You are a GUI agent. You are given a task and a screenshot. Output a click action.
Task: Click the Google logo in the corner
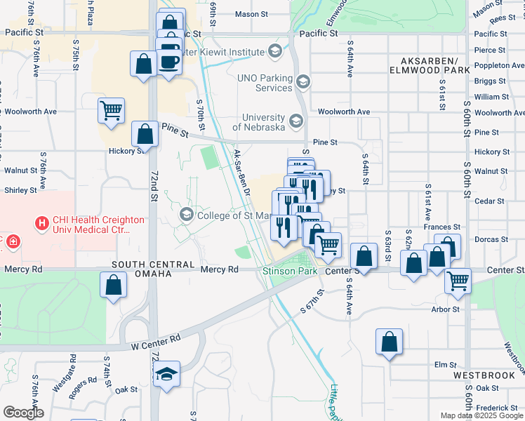coord(23,413)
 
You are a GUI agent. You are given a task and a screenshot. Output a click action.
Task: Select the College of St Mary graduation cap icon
coord(187,214)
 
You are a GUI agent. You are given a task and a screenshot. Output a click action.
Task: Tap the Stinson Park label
coord(290,270)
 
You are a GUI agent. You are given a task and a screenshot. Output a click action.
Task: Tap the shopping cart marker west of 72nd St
coord(112,110)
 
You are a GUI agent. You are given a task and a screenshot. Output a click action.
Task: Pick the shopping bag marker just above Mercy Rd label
coord(113,285)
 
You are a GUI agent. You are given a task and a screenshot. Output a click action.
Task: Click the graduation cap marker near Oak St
coord(168,373)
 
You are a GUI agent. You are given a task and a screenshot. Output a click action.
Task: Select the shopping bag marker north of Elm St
coord(389,342)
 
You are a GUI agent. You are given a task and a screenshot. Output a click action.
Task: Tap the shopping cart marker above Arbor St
coord(458,281)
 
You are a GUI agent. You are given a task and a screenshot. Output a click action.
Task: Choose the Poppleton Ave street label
coord(490,65)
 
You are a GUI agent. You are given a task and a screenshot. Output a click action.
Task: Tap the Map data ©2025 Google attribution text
coord(481,415)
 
